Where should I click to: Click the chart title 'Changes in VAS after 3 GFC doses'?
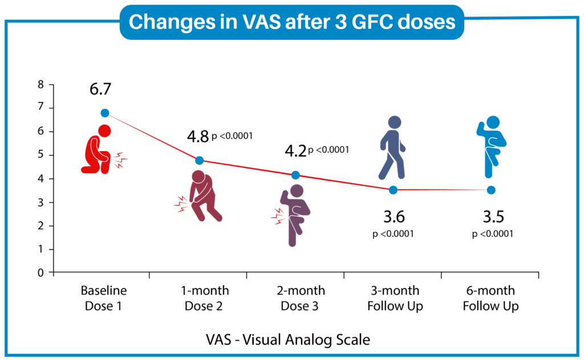click(x=291, y=22)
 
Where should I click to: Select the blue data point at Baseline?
click(x=104, y=113)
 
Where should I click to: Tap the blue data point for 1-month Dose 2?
click(x=199, y=160)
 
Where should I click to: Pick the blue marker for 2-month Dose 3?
click(x=295, y=175)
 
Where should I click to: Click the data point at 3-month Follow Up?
click(x=393, y=189)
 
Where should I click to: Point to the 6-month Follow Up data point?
click(x=491, y=189)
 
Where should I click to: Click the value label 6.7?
click(x=100, y=90)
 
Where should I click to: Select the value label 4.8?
click(x=198, y=137)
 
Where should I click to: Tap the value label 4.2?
click(x=295, y=152)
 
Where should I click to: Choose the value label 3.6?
click(x=393, y=217)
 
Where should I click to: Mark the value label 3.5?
click(x=493, y=217)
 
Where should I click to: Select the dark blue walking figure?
click(x=392, y=147)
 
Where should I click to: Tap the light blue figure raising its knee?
click(x=491, y=147)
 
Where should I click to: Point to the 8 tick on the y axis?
click(x=40, y=85)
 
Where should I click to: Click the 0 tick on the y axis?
click(x=40, y=273)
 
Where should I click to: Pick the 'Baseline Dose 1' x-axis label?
click(x=103, y=298)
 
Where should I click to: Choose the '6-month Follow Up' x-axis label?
click(x=490, y=298)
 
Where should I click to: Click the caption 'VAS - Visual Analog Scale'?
click(x=288, y=340)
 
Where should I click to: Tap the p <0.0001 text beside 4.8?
click(x=232, y=136)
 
